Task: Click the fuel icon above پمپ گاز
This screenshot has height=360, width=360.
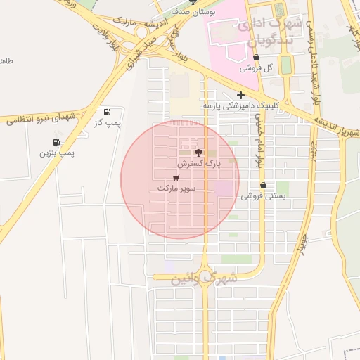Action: click(x=107, y=112)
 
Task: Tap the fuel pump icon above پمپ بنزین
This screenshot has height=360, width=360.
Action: click(x=56, y=142)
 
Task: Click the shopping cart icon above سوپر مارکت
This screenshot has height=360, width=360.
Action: click(x=175, y=178)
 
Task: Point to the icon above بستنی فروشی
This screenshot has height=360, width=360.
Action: click(x=263, y=186)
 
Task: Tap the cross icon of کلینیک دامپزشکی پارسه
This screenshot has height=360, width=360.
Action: click(x=240, y=95)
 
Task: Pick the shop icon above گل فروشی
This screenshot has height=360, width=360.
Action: click(x=256, y=58)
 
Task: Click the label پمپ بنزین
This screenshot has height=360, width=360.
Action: click(x=56, y=153)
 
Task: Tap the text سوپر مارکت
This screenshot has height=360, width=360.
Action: click(x=176, y=188)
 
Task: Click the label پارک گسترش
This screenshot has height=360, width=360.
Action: click(x=198, y=163)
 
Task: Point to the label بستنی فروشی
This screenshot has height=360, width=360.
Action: click(x=264, y=196)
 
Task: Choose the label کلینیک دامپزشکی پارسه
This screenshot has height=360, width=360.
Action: click(x=240, y=105)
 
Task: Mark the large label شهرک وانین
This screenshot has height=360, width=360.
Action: click(x=205, y=279)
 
